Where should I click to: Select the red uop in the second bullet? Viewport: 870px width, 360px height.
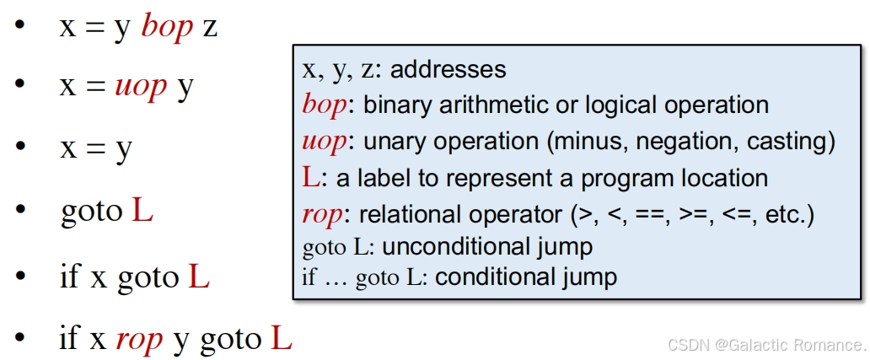(141, 87)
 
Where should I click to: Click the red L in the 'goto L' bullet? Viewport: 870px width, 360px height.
(142, 211)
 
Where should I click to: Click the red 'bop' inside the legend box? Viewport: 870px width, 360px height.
(324, 105)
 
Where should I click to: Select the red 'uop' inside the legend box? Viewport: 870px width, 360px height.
(324, 142)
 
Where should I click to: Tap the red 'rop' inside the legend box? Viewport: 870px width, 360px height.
(321, 215)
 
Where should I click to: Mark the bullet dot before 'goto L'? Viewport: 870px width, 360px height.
(19, 212)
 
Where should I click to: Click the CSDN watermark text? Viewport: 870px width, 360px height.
(766, 345)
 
